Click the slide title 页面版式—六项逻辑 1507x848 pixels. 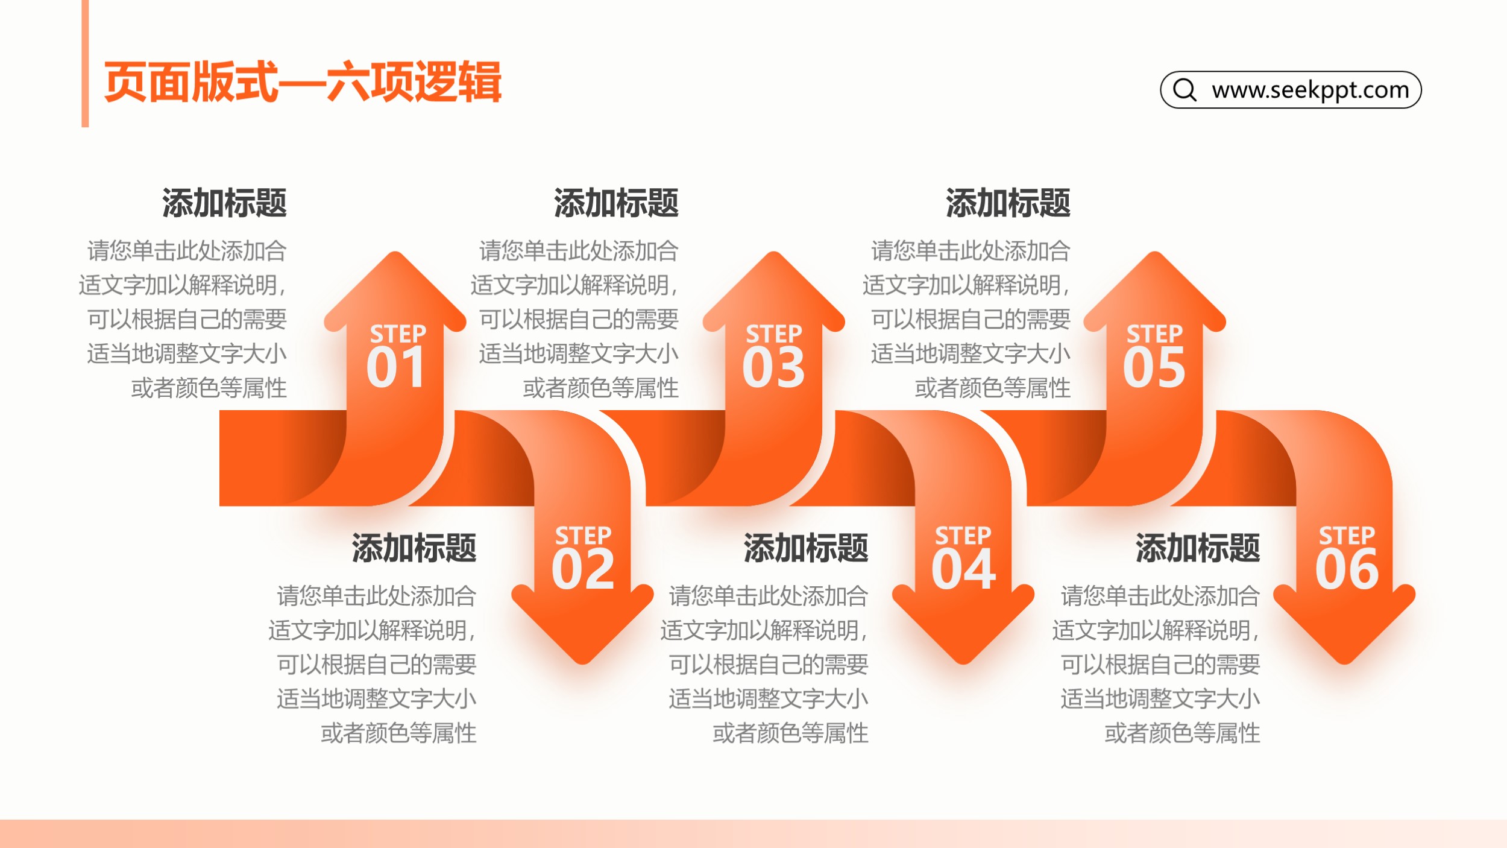(x=303, y=82)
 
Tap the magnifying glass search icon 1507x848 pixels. (x=1185, y=90)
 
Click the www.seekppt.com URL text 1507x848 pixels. (x=1310, y=90)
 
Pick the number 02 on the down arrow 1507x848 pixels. (x=583, y=569)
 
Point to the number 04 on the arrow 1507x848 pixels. (x=963, y=569)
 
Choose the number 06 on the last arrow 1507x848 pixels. (x=1347, y=569)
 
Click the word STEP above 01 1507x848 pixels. (x=398, y=334)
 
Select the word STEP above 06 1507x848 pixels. (x=1347, y=536)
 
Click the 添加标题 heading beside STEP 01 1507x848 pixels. (x=224, y=203)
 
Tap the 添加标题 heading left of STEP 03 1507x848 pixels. (x=616, y=203)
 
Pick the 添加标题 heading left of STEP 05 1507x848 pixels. (x=1008, y=203)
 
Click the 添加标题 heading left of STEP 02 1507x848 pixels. (x=414, y=548)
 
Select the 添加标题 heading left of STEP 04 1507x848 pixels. (x=806, y=548)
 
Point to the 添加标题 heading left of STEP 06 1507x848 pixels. (x=1198, y=548)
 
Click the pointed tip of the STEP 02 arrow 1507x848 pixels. (x=583, y=663)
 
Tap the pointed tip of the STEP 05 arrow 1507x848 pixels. (x=1154, y=252)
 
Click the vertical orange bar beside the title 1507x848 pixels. (x=85, y=63)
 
